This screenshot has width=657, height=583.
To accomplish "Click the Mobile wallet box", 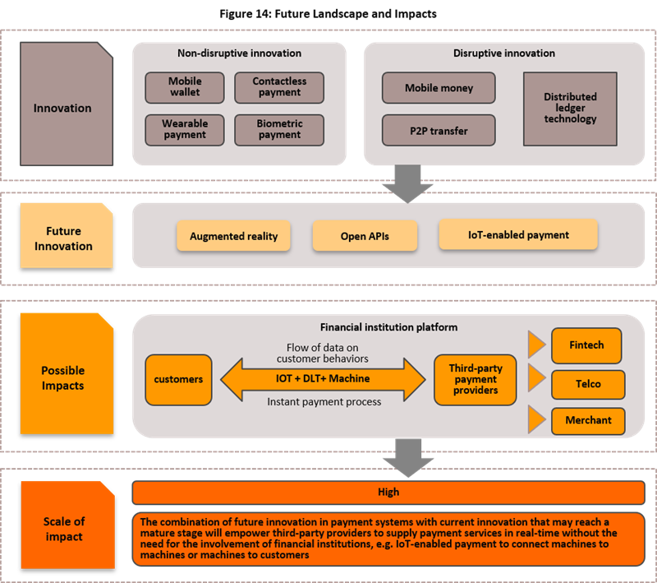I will (185, 87).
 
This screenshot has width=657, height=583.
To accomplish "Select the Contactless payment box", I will (279, 87).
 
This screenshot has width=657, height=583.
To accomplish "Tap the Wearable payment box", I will (185, 129).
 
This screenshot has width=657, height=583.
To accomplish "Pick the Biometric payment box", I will (279, 129).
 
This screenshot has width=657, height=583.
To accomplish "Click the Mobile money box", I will (439, 88).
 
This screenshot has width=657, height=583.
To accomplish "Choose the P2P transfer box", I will (439, 130).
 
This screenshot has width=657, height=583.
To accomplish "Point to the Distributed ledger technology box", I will (570, 109).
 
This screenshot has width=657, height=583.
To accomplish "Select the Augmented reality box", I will (234, 236).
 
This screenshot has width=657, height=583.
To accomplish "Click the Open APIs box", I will (365, 236).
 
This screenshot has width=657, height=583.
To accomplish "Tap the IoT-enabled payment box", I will (518, 234).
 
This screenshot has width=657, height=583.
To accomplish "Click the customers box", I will (178, 380).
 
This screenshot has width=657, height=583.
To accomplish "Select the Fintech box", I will (586, 345).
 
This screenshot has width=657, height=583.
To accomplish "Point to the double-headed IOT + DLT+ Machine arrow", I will (322, 378).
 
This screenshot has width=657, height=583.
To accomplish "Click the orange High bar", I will (388, 492).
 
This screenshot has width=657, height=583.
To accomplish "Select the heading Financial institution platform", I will (388, 326).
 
